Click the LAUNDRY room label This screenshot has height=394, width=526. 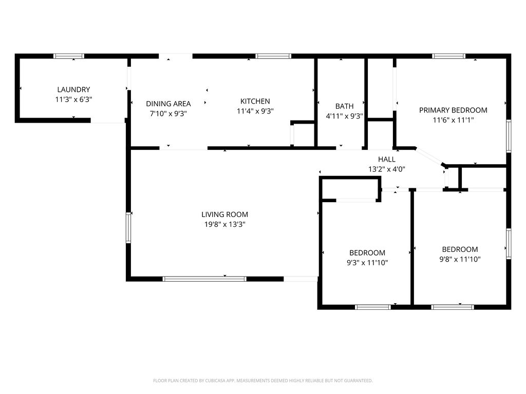73,89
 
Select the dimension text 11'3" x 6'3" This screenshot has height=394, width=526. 73,100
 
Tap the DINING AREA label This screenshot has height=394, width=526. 168,104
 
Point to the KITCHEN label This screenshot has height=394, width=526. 255,101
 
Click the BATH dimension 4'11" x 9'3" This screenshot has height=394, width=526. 344,116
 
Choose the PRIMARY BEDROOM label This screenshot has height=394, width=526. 453,110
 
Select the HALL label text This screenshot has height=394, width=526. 386,160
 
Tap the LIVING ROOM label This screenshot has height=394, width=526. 224,214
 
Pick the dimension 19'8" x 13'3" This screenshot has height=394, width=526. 224,224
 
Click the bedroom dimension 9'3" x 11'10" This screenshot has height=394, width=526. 367,263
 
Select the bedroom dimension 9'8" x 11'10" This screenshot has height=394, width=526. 460,259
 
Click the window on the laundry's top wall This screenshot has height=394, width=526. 69,56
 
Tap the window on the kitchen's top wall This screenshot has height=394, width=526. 273,56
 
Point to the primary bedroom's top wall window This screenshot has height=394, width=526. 448,56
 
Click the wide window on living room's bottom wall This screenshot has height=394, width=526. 204,279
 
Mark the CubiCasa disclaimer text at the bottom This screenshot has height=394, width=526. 262,381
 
